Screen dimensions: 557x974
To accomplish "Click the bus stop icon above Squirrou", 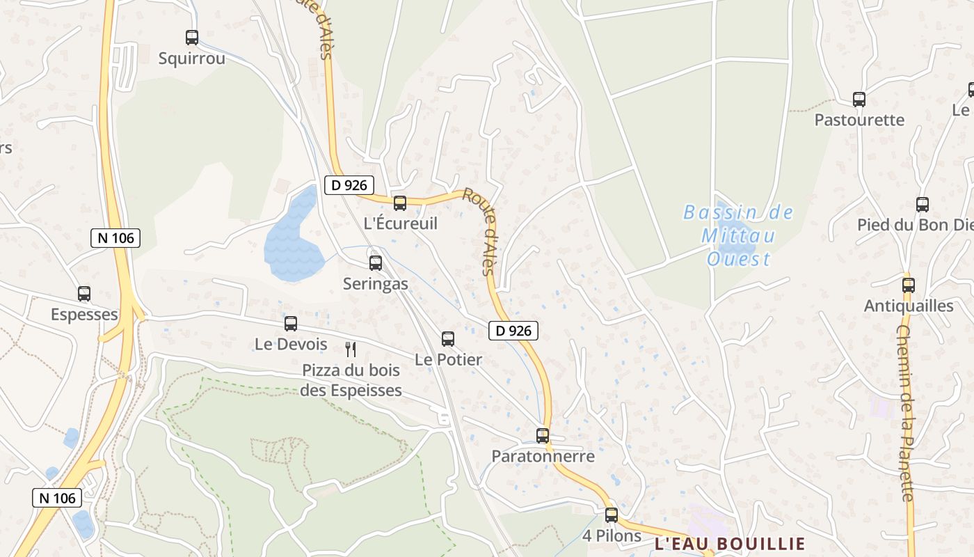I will click(x=192, y=38).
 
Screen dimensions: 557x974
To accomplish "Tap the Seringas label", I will click(x=376, y=284).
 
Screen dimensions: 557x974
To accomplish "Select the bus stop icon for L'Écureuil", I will click(x=400, y=203).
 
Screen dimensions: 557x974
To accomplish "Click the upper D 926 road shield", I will click(x=349, y=185).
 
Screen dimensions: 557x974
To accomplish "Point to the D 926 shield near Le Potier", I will click(x=513, y=331).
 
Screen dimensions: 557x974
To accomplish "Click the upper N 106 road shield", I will click(x=115, y=238).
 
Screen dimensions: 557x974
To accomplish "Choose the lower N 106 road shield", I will click(x=57, y=498).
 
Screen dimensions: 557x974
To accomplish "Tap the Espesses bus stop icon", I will click(x=84, y=294).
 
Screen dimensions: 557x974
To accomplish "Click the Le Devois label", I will click(x=291, y=344).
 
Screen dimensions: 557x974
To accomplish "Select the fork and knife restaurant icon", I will click(x=351, y=349).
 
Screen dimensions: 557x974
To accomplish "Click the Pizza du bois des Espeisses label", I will click(x=351, y=380).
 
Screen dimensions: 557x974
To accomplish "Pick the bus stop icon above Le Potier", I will click(x=448, y=339).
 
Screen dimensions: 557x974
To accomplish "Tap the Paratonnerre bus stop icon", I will click(x=543, y=436).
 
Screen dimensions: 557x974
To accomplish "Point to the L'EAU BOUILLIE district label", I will click(x=730, y=544).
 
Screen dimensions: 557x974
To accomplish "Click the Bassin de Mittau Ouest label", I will click(x=738, y=236).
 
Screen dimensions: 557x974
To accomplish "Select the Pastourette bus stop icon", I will click(x=859, y=100).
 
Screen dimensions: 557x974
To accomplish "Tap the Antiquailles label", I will click(x=909, y=306).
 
